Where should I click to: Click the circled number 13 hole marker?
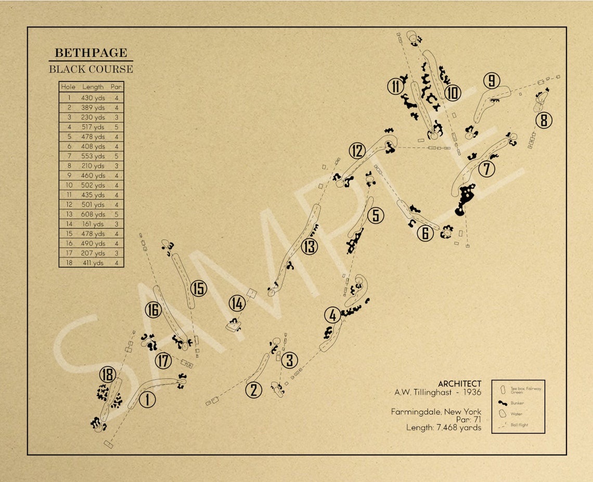(x=310, y=246)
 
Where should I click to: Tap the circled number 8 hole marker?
(x=544, y=120)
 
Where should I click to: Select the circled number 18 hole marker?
(x=108, y=375)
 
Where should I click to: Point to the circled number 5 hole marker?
(x=376, y=215)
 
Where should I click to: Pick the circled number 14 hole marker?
(x=237, y=303)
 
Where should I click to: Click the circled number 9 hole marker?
(x=491, y=81)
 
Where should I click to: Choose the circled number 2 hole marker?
(x=253, y=390)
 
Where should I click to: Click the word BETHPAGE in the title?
(x=91, y=53)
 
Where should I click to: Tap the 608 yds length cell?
(x=93, y=214)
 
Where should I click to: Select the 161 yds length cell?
(x=93, y=224)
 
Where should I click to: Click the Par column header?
(x=117, y=87)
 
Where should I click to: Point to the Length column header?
(x=93, y=87)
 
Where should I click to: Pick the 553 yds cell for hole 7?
(x=93, y=156)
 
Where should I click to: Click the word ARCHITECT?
(x=459, y=384)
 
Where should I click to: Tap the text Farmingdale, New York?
(x=436, y=412)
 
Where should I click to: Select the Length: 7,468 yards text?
(x=444, y=428)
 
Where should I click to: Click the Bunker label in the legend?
(x=517, y=403)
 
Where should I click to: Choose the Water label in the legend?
(x=516, y=414)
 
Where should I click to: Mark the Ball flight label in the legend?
(x=519, y=425)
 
